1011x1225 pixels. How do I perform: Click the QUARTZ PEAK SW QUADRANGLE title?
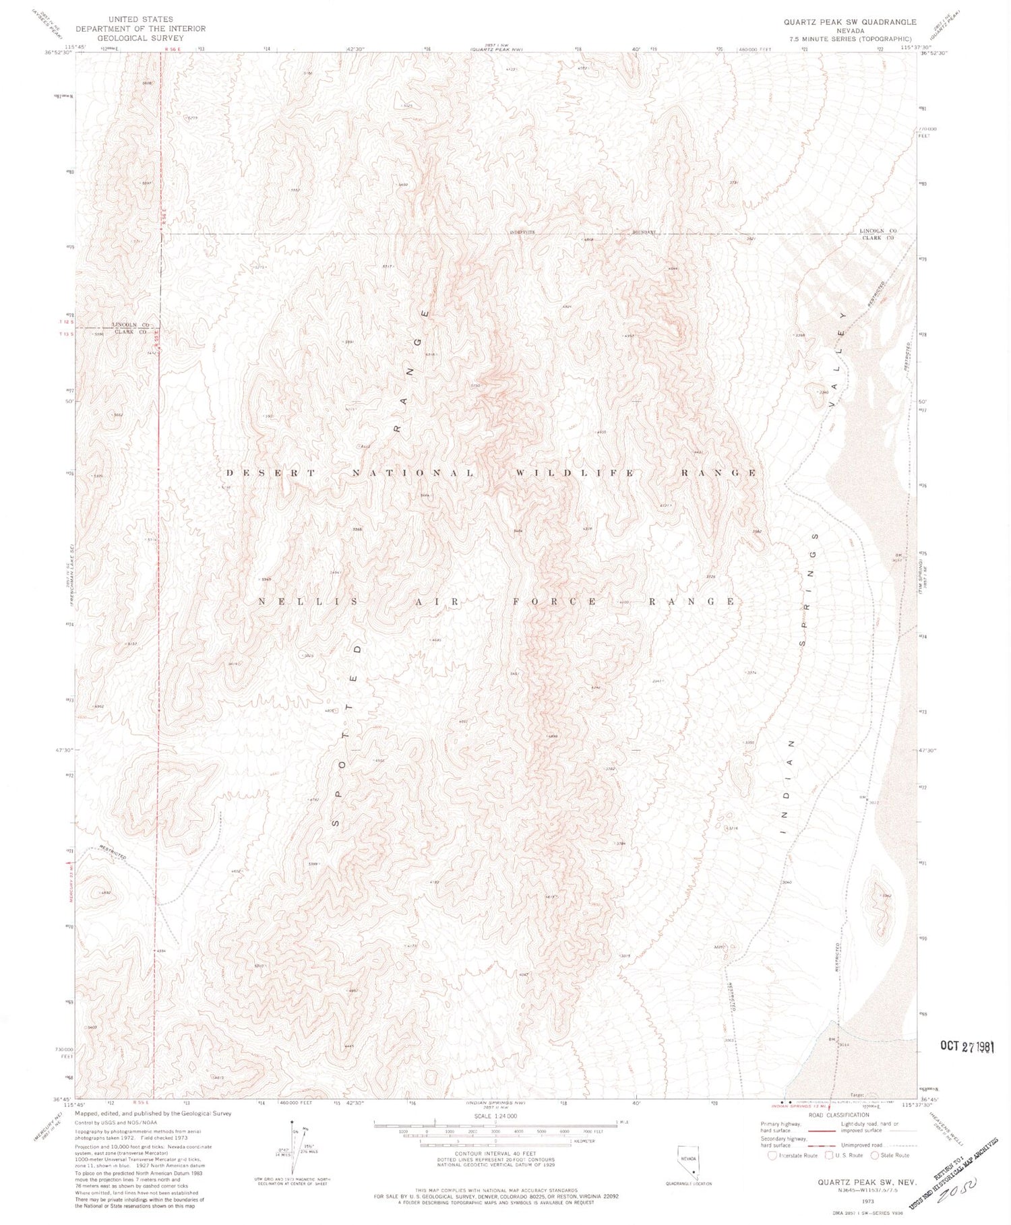click(849, 22)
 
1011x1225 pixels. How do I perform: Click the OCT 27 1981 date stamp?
click(967, 1046)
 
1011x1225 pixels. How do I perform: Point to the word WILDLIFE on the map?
click(574, 473)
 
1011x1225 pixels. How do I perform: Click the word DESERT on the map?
click(270, 473)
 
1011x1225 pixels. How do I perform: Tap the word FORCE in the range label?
click(570, 602)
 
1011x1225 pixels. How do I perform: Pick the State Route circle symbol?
click(875, 1155)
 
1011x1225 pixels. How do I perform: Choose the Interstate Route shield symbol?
click(772, 1155)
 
